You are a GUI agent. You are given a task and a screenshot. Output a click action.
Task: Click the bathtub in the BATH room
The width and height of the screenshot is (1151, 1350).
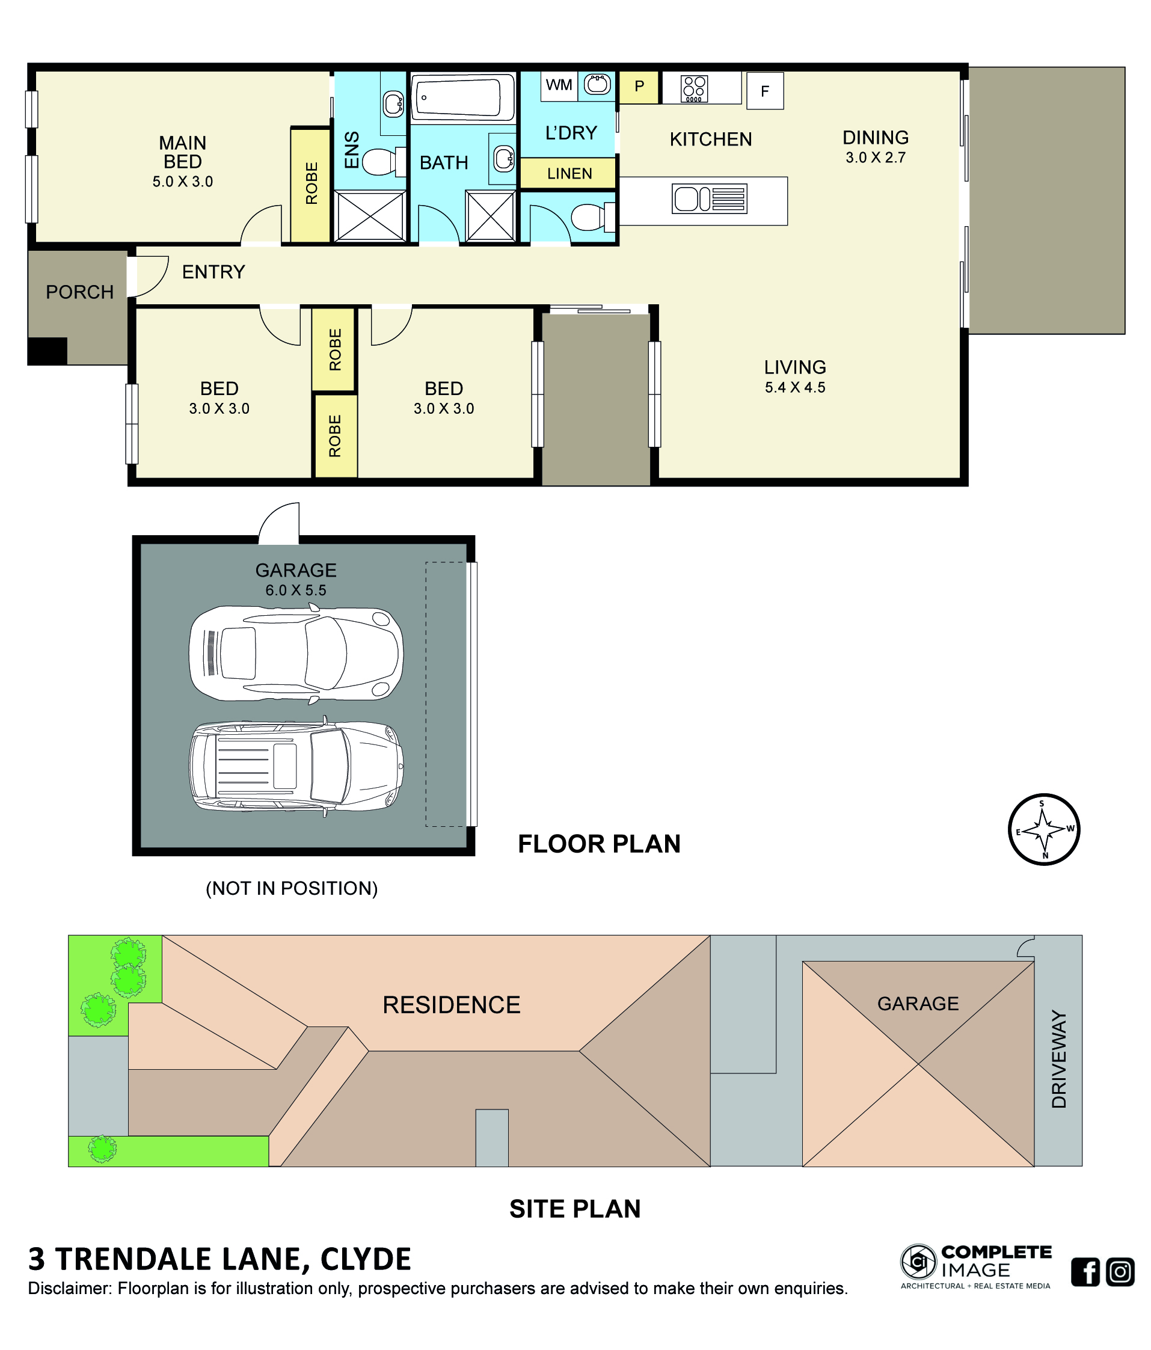[x=462, y=98]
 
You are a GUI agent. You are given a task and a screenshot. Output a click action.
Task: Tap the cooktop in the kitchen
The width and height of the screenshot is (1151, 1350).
[x=694, y=89]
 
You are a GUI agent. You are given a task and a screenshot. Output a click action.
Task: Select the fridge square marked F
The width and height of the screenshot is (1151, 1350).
[x=765, y=91]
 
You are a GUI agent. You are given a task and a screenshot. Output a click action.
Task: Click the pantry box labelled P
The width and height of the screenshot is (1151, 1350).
[x=639, y=87]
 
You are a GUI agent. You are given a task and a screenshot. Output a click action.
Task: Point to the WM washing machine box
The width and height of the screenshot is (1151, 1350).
[x=559, y=85]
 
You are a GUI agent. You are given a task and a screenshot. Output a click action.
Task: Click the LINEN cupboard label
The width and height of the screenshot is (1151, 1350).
[x=569, y=174]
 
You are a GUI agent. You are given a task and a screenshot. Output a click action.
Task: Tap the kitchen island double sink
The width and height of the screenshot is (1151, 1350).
[x=710, y=198]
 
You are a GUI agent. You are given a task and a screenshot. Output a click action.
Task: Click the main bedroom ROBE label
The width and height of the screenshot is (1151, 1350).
[x=312, y=184]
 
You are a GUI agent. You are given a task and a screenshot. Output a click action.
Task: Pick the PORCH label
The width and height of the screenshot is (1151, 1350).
[x=79, y=292]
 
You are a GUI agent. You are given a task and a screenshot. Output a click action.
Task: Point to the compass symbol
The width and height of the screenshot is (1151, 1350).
[x=1044, y=829]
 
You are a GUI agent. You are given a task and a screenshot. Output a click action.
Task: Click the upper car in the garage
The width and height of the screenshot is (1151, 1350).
[x=296, y=654]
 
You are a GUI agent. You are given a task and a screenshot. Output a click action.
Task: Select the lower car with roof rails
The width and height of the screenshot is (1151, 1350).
[x=296, y=766]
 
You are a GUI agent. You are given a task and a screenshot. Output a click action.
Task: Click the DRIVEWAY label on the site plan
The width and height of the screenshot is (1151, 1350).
[x=1059, y=1059]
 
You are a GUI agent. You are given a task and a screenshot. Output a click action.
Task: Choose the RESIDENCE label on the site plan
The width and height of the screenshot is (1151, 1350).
[x=452, y=1005]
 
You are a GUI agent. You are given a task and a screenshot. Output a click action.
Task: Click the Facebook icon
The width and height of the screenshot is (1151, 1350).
[x=1085, y=1272]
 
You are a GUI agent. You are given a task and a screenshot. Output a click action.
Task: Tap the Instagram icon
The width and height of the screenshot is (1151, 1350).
[x=1120, y=1272]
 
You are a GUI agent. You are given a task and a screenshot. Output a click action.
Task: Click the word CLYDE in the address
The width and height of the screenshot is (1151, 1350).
[x=366, y=1259]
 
